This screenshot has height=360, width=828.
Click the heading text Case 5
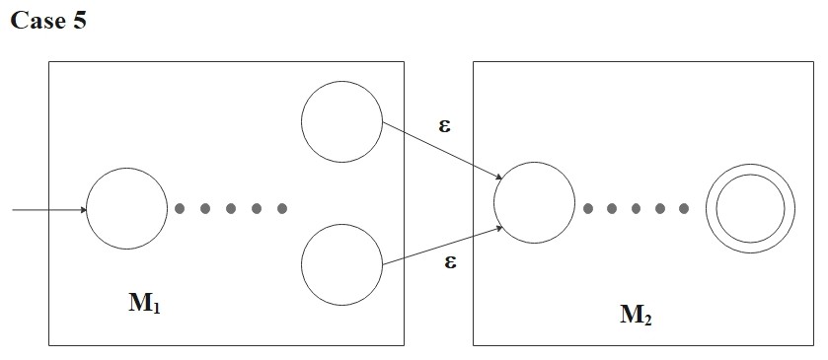[48, 22]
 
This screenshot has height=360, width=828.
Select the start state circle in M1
[127, 209]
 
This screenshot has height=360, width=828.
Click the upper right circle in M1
[341, 123]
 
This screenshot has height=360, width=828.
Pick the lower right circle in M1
[341, 264]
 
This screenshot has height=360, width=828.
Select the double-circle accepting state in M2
[750, 209]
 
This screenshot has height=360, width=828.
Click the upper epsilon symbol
[446, 125]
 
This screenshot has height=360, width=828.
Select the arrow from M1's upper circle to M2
[442, 150]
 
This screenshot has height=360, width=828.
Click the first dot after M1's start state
[180, 209]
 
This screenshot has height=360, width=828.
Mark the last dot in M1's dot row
[282, 209]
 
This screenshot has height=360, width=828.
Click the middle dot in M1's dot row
[231, 209]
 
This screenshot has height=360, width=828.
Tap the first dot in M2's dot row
[588, 209]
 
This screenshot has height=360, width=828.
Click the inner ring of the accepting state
[750, 190]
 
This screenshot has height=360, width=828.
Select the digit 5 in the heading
[79, 22]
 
